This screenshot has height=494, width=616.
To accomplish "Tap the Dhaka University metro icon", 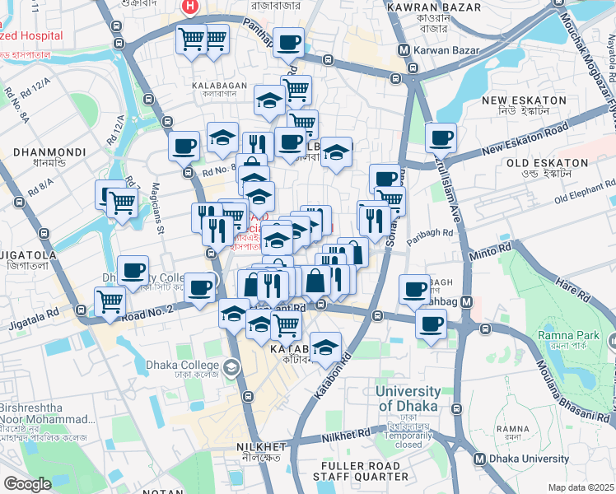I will click(479, 459).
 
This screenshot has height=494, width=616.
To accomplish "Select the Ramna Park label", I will click(568, 335).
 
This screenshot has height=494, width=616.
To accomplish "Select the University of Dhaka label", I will click(408, 398).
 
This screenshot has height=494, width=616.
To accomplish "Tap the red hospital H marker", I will click(190, 7).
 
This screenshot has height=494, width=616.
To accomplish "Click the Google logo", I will click(28, 484).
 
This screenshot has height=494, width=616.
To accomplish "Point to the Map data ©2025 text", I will click(581, 487).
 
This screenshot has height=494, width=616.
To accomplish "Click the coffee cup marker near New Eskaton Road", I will click(440, 137).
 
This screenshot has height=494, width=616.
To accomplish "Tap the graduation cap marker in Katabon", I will click(326, 345).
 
